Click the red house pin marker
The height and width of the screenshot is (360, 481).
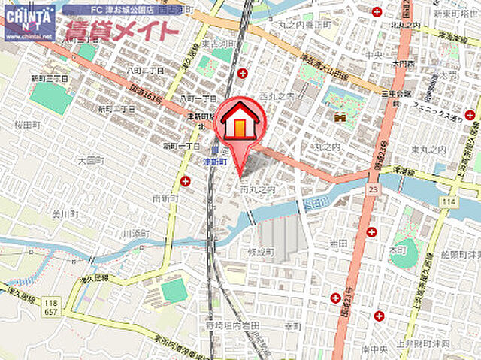click(239, 124)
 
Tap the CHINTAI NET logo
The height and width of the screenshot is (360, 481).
click(29, 21)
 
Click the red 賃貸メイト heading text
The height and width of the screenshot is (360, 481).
click(120, 32)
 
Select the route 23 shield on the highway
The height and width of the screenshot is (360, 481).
click(373, 192)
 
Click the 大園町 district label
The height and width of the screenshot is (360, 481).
click(89, 160)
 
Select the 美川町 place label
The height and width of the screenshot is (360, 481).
click(65, 214)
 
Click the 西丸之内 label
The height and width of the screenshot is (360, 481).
click(274, 98)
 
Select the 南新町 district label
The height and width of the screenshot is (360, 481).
click(164, 198)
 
